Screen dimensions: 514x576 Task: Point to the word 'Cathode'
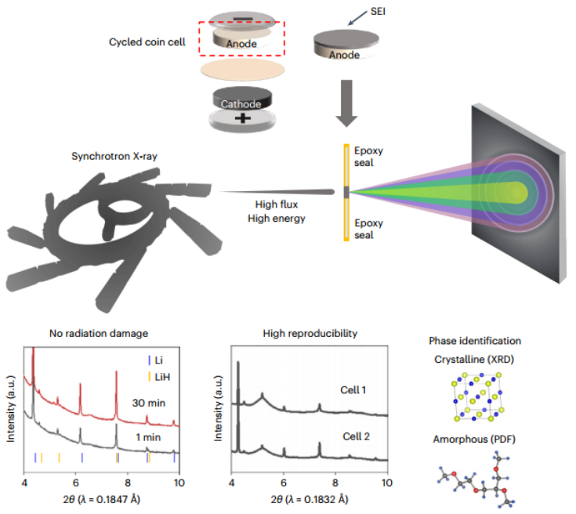pos(242,102)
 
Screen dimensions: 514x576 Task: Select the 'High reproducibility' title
pos(310,333)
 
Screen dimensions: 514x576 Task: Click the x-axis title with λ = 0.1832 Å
pos(310,499)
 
